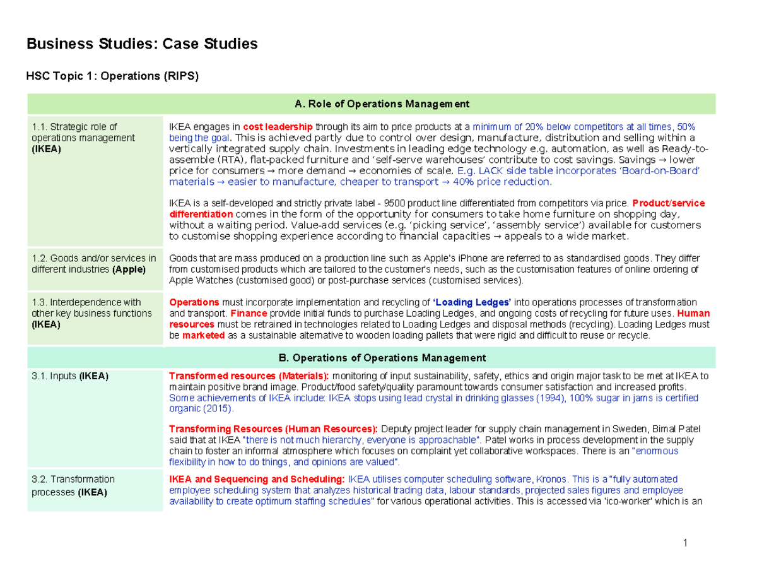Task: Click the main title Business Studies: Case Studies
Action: (141, 44)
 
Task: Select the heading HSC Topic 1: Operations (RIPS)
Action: (112, 77)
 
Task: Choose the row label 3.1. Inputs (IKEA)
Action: (69, 377)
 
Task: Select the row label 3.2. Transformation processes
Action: (73, 485)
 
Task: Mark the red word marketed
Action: (203, 336)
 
